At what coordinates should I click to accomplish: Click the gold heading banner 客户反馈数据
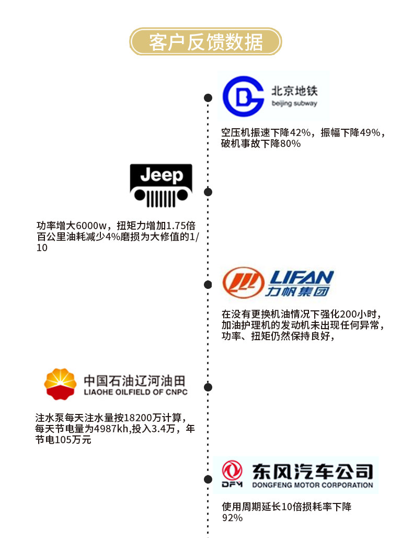pyautogui.click(x=206, y=41)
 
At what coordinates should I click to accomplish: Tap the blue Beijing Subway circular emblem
pyautogui.click(x=243, y=96)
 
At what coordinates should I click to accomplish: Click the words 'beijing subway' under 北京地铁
pyautogui.click(x=294, y=104)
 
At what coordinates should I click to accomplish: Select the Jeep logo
pyautogui.click(x=161, y=185)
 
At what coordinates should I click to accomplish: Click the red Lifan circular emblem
pyautogui.click(x=243, y=283)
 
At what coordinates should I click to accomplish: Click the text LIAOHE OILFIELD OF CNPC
pyautogui.click(x=135, y=392)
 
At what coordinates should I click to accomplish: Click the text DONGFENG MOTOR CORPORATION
pyautogui.click(x=312, y=485)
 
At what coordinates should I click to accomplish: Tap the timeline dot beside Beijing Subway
pyautogui.click(x=208, y=98)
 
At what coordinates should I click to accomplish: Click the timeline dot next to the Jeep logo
pyautogui.click(x=208, y=192)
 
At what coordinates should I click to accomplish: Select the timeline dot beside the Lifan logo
pyautogui.click(x=208, y=285)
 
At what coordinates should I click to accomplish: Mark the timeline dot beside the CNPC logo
pyautogui.click(x=208, y=387)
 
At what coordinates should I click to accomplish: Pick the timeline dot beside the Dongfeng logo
pyautogui.click(x=208, y=479)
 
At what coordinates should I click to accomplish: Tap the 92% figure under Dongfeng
pyautogui.click(x=232, y=518)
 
